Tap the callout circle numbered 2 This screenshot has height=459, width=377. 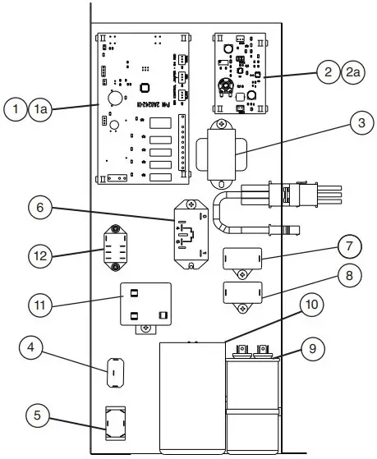pos(330,72)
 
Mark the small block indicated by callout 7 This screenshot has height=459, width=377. pos(242,257)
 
